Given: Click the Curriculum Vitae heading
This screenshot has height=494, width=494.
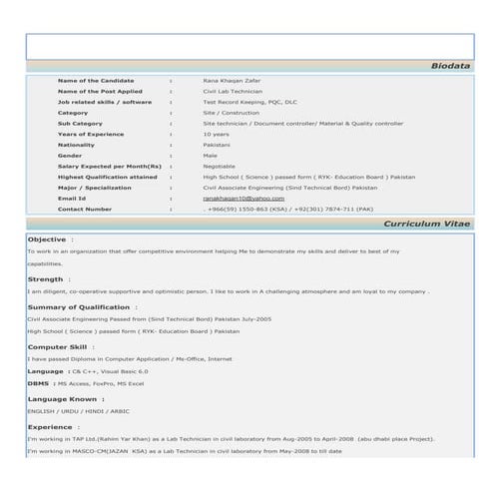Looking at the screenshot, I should point(425,225).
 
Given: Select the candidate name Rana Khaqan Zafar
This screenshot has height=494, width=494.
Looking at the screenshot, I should point(233,80).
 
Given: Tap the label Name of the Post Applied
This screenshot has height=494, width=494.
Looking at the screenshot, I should point(100,91).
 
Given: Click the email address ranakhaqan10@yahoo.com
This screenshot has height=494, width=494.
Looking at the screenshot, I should point(244,199).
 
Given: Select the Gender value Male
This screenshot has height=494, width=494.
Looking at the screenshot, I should point(211,156).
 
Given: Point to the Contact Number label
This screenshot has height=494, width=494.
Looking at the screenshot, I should point(85,210).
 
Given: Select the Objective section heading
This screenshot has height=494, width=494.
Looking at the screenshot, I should point(47,241).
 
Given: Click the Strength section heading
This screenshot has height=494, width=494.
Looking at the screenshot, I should point(45,279).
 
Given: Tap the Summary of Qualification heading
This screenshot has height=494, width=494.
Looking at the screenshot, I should point(79,307).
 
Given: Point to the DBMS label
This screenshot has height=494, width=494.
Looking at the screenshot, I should point(39,383).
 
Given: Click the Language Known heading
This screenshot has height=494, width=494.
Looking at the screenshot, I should point(62,399).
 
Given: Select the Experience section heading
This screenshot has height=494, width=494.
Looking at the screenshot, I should point(50,426).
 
